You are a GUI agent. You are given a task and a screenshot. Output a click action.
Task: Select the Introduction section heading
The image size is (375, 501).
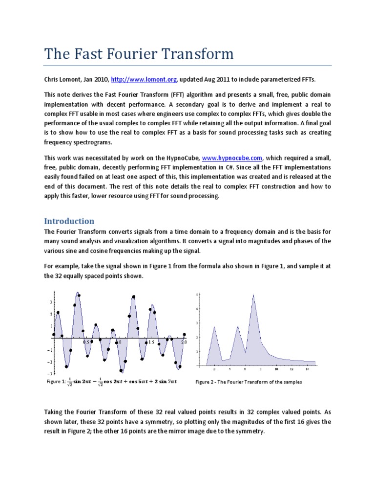coord(69,221)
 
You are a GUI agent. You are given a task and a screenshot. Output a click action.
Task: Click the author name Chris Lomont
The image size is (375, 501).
coord(62,79)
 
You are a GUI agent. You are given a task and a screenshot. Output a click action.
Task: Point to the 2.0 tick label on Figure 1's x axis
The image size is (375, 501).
coord(184,342)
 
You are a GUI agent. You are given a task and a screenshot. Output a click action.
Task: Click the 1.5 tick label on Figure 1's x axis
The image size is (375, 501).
coord(151,342)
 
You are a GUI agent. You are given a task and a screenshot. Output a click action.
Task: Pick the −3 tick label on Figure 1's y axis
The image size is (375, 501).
coord(49,374)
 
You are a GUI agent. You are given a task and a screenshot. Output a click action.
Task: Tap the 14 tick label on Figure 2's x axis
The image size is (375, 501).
coord(307,369)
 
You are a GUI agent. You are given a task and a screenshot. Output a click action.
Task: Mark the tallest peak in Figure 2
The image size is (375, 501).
coord(253,295)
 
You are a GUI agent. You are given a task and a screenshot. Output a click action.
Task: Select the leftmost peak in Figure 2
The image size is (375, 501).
coord(214,327)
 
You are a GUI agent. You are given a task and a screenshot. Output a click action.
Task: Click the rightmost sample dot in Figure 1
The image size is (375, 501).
coord(184,335)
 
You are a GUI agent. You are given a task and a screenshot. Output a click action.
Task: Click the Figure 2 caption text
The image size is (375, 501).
coord(249,382)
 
